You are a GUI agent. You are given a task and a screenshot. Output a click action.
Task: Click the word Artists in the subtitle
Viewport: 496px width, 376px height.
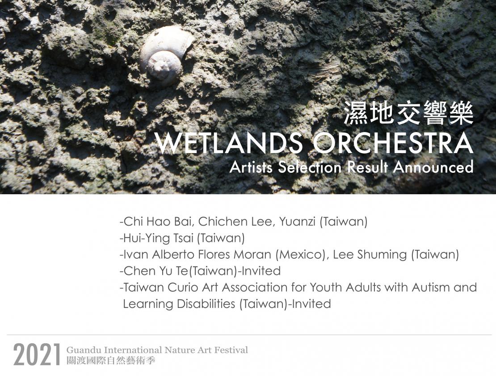pyautogui.click(x=251, y=167)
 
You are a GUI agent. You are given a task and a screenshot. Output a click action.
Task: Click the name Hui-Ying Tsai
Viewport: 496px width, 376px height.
pyautogui.click(x=159, y=238)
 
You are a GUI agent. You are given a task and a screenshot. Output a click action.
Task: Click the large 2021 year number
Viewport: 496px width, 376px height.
pyautogui.click(x=37, y=355)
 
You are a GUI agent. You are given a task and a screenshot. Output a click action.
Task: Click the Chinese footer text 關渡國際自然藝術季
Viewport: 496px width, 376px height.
pyautogui.click(x=111, y=361)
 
